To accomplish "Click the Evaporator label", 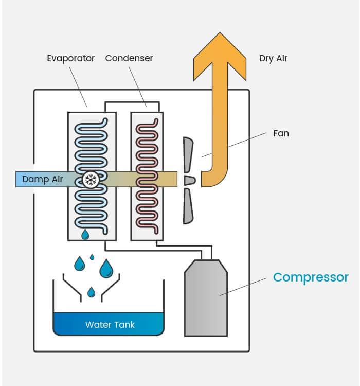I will pyautogui.click(x=71, y=58).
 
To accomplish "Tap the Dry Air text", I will pyautogui.click(x=273, y=58).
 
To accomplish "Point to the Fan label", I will pyautogui.click(x=281, y=133).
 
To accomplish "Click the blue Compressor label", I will pyautogui.click(x=311, y=277).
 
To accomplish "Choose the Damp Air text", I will pyautogui.click(x=43, y=180).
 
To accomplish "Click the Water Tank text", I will pyautogui.click(x=110, y=325).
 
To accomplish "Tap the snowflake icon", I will pyautogui.click(x=91, y=180).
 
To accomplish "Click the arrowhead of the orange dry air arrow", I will pyautogui.click(x=220, y=51).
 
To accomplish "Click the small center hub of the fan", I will pyautogui.click(x=189, y=180).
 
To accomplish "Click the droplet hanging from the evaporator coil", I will pyautogui.click(x=85, y=235).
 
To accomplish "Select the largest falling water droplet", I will pyautogui.click(x=106, y=268).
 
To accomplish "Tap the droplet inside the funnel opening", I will pyautogui.click(x=92, y=292).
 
